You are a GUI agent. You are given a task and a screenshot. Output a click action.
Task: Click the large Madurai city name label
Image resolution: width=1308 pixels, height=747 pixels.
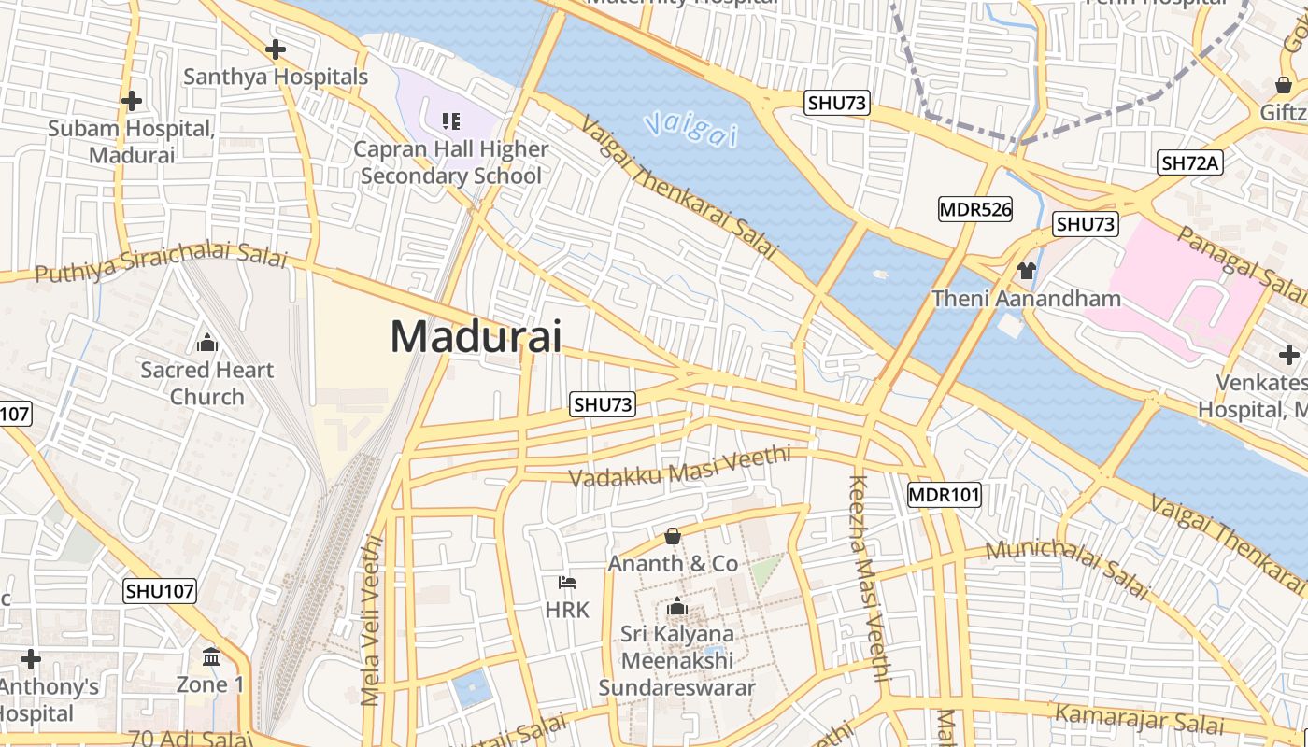click(476, 336)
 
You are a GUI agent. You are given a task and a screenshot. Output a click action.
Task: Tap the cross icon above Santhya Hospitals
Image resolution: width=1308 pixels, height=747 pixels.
click(276, 49)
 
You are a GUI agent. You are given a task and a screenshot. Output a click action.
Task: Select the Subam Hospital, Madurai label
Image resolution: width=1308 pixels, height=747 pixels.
click(132, 142)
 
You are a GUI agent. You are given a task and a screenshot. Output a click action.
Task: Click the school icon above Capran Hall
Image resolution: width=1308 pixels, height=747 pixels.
click(451, 120)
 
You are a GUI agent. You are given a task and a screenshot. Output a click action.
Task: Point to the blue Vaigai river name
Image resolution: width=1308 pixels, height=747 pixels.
click(690, 127)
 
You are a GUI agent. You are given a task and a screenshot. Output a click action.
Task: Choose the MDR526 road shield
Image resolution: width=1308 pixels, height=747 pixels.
click(975, 209)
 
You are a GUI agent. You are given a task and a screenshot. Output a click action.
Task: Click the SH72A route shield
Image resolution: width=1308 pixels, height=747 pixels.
click(1190, 163)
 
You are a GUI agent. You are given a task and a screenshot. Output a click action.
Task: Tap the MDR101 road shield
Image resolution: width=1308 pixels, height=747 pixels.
click(945, 495)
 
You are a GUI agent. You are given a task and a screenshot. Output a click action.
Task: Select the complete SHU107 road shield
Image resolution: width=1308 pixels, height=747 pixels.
click(160, 590)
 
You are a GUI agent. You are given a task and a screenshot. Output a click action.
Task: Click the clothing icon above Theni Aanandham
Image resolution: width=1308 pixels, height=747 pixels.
click(1027, 271)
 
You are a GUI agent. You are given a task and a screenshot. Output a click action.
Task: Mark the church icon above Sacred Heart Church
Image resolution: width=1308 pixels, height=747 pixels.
click(207, 343)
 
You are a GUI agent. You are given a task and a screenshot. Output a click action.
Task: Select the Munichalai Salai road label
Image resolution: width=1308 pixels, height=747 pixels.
click(1065, 568)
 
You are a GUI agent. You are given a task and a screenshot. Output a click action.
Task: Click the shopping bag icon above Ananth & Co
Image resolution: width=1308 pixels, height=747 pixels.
click(672, 536)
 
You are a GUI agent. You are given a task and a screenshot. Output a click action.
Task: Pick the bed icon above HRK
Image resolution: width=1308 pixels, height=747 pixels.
click(567, 583)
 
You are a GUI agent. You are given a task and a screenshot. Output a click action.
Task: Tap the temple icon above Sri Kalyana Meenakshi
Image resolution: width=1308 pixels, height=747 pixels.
click(677, 608)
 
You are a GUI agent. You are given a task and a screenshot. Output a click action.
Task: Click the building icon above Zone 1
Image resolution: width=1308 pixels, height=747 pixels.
click(211, 656)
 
